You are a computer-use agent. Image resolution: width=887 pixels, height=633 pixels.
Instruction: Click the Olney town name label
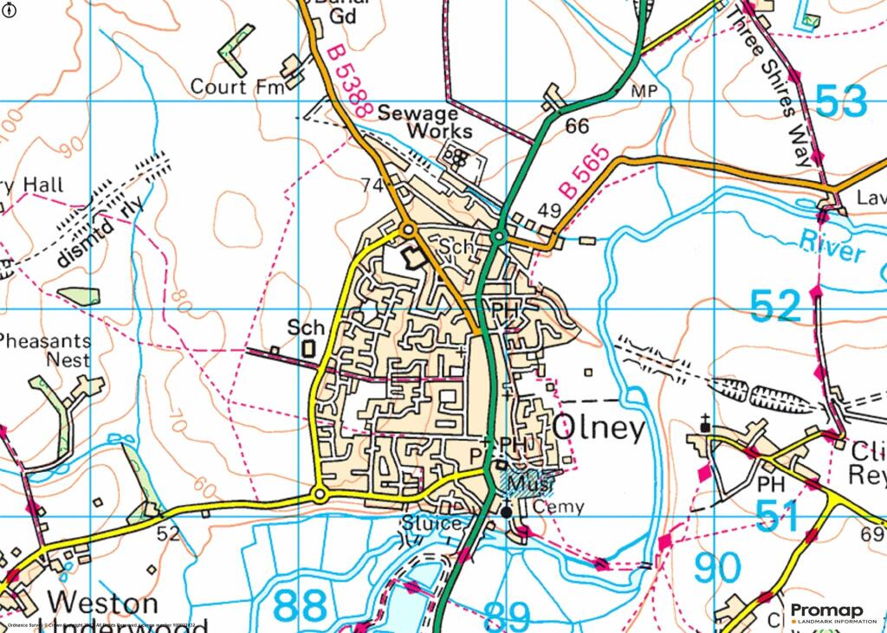pos(599,430)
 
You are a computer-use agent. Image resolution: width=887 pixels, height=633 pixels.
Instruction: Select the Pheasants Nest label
pos(44,349)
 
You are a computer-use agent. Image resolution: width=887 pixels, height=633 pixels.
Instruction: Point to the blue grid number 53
pos(841,102)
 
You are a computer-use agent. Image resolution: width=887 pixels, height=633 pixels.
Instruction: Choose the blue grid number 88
pos(301,604)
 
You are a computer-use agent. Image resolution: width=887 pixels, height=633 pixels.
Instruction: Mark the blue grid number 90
pos(717,567)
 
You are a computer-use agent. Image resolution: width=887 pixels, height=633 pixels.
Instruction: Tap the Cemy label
pos(559,507)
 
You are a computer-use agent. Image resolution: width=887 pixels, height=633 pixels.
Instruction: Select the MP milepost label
pos(644,91)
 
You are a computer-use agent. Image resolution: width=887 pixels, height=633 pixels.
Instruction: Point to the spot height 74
pos(372,185)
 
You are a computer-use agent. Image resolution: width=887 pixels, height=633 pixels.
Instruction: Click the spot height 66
pos(577,126)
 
